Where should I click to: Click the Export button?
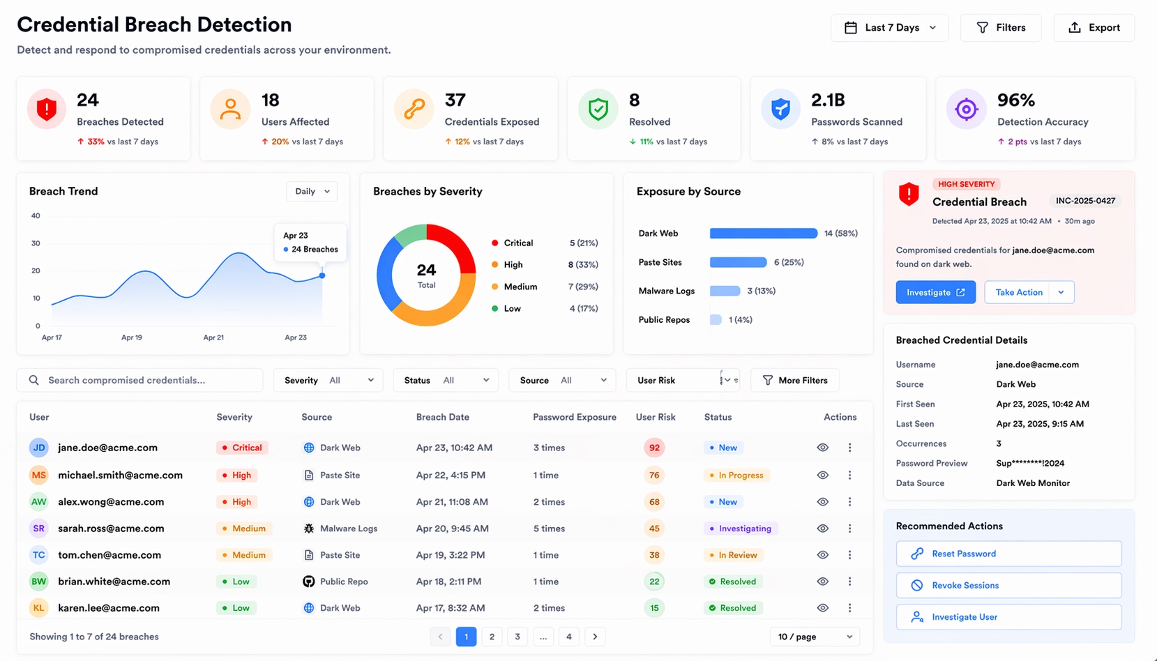[x=1094, y=28]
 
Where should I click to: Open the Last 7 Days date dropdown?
[x=889, y=28]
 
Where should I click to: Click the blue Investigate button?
[x=935, y=292]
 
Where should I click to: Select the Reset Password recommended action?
[x=1008, y=554]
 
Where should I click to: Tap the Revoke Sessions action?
[x=1008, y=586]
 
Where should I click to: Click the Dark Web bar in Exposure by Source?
[x=763, y=234]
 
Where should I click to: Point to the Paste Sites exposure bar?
[x=738, y=262]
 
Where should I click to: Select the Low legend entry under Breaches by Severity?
[x=512, y=308]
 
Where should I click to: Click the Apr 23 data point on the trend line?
[x=322, y=275]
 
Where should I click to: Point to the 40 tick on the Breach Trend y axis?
[x=36, y=216]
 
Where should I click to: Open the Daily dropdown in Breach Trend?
[x=312, y=192]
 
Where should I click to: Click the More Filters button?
[x=795, y=380]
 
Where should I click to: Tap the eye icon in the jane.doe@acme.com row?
[x=823, y=448]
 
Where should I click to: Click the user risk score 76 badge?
[x=654, y=476]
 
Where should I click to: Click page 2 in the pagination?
[x=492, y=637]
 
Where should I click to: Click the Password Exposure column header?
[x=574, y=417]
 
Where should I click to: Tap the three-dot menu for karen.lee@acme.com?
[x=849, y=608]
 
